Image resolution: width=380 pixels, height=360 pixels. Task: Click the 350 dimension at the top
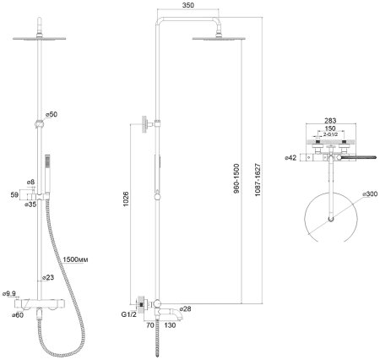[188, 5]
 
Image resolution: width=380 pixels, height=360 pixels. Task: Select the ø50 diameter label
[52, 114]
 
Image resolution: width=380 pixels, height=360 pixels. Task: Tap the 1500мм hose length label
[75, 259]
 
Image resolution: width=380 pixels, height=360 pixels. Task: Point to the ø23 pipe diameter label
[48, 277]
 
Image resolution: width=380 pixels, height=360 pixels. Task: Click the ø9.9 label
[9, 294]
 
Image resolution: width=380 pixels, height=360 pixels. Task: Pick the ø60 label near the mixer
[18, 315]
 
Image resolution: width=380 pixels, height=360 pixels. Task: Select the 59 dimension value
[14, 194]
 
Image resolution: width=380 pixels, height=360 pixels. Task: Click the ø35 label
[30, 205]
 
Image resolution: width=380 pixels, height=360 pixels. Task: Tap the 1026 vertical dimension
[126, 199]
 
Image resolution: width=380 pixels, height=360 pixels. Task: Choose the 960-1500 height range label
[236, 178]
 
